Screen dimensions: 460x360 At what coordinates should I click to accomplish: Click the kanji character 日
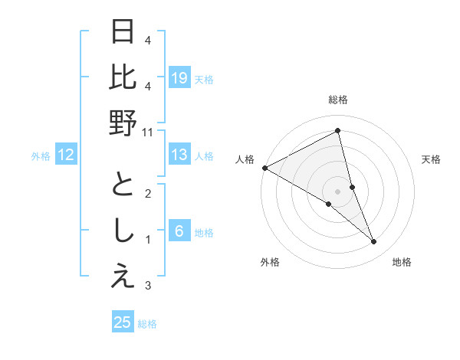[123, 33]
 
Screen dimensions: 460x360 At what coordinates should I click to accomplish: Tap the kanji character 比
[123, 78]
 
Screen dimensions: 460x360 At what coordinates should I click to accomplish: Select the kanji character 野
[123, 123]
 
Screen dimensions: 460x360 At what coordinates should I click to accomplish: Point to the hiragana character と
[123, 185]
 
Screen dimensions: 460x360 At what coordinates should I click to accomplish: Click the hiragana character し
[123, 231]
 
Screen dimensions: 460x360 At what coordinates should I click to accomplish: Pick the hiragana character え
[123, 277]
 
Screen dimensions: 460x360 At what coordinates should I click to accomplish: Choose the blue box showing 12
[67, 155]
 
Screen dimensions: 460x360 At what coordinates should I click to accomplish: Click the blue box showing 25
[123, 322]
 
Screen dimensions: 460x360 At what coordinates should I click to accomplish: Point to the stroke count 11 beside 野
[148, 132]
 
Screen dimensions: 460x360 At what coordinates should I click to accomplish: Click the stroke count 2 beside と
[148, 193]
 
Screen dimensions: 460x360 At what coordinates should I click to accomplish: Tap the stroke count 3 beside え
[148, 286]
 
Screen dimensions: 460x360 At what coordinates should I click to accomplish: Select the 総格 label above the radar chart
[338, 100]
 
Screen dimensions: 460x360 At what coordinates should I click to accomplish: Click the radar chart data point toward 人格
[264, 168]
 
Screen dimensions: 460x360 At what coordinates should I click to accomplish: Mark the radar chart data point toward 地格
[374, 242]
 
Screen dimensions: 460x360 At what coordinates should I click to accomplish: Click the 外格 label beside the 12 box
[41, 156]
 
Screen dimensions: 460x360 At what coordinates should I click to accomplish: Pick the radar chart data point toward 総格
[338, 130]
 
